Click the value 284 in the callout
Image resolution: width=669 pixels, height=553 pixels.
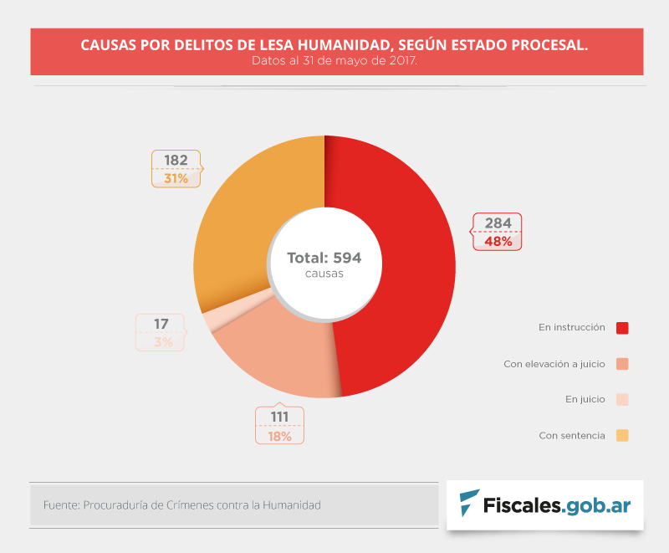point(498,223)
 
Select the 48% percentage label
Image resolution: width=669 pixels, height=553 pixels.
point(498,241)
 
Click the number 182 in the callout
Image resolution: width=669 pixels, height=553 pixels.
point(176,160)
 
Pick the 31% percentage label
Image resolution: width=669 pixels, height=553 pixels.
point(176,178)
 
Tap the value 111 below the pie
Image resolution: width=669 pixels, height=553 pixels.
point(279,417)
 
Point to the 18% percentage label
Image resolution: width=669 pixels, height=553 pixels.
point(279,436)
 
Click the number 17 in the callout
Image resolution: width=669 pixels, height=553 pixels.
point(161,324)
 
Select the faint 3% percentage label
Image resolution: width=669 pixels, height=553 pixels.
point(163,342)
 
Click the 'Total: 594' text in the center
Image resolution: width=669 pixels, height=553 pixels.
point(324,258)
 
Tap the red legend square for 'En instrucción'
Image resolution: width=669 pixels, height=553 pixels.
point(621,328)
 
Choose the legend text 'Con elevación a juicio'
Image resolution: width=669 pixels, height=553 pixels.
point(554,364)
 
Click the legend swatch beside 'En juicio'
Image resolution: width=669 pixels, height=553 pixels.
point(621,400)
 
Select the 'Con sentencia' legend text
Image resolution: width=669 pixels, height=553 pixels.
point(571,436)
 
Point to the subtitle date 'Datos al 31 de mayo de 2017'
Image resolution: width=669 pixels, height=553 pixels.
point(334,61)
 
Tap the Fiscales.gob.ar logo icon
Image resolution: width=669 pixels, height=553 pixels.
point(469,504)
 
